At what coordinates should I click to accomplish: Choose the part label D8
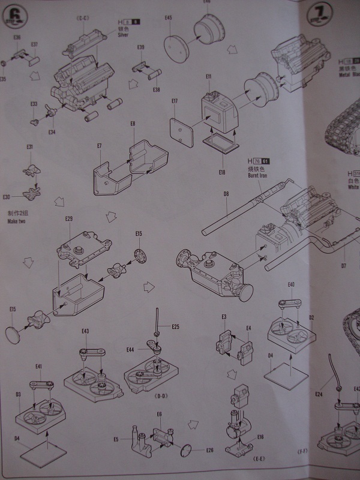[x=227, y=193]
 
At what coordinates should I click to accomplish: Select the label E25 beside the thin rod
[x=175, y=327]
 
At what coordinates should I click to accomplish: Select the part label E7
[x=100, y=146]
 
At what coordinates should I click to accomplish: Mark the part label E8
[x=133, y=123]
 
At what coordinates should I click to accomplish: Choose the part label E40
[x=291, y=284]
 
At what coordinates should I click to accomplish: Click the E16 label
[x=260, y=438]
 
